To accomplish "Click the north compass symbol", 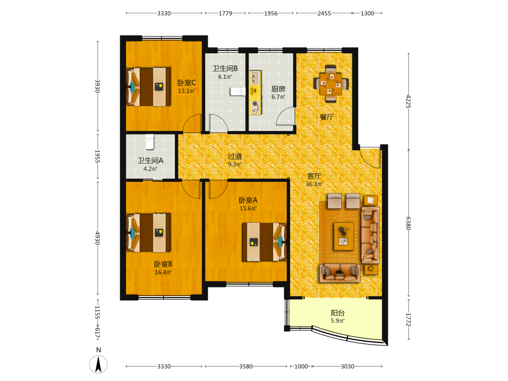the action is [x=98, y=364].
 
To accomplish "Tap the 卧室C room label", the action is [x=186, y=83].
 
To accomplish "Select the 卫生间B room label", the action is [x=225, y=69].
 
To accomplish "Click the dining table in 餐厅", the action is [x=331, y=84].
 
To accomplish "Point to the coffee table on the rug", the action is [x=343, y=236].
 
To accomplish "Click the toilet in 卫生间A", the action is [x=149, y=142].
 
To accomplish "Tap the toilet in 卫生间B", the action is [x=237, y=91].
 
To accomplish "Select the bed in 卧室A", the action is [x=264, y=242].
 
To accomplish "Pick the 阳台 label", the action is [x=338, y=312].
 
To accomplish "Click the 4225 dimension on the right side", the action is [x=408, y=101].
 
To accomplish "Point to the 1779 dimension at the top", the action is [x=225, y=13].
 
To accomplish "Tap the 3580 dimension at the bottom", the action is [x=246, y=366].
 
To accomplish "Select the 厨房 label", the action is [x=278, y=89].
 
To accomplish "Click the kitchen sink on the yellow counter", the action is [x=255, y=78].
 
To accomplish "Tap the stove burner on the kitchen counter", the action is [x=255, y=107].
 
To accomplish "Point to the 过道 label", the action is [x=235, y=156].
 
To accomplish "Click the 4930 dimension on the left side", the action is [x=98, y=238].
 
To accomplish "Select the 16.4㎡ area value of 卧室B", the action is [x=163, y=272].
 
